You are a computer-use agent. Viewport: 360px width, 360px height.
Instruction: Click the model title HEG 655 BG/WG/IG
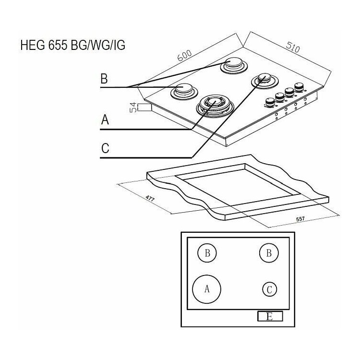[73, 45]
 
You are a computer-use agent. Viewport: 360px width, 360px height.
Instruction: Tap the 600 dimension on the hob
[185, 55]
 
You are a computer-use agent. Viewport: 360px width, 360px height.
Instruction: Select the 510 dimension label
[293, 48]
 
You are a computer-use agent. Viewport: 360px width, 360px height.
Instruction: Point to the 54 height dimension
[133, 108]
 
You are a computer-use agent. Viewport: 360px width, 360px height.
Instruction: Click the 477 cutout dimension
[150, 198]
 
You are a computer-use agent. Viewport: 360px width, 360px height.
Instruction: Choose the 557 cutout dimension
[300, 219]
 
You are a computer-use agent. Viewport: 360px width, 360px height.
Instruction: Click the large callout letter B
[104, 79]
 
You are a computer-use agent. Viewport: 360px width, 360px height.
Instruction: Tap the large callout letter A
[105, 120]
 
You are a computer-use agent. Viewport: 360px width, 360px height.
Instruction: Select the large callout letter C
[105, 148]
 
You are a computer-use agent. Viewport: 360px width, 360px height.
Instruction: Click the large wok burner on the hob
[215, 106]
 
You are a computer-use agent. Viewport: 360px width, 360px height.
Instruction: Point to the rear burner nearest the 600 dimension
[234, 65]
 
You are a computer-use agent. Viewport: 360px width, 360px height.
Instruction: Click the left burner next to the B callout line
[184, 92]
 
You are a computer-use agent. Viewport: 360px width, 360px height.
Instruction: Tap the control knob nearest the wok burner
[270, 103]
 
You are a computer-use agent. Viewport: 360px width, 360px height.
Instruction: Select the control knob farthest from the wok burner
[299, 87]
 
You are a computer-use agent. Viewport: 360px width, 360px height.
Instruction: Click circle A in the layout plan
[206, 289]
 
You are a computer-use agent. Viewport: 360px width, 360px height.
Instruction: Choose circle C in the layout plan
[270, 289]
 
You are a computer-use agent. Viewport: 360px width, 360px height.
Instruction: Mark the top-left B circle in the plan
[207, 253]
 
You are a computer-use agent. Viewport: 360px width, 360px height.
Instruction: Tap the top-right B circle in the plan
[269, 253]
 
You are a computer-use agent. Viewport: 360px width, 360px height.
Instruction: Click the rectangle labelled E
[270, 316]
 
